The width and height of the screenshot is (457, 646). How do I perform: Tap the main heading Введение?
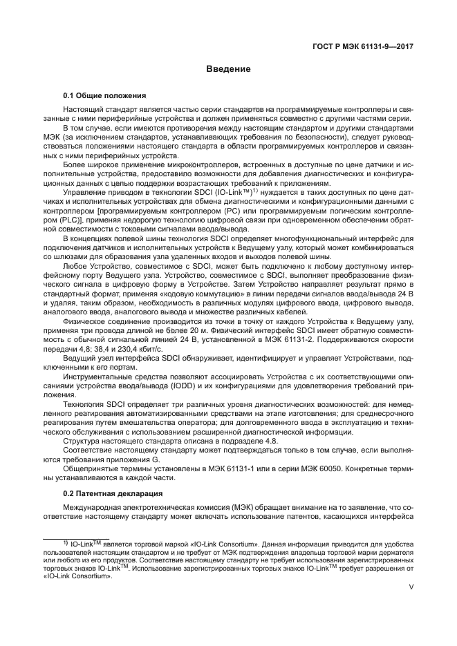pos(227,69)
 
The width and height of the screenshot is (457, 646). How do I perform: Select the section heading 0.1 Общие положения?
pos(104,95)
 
